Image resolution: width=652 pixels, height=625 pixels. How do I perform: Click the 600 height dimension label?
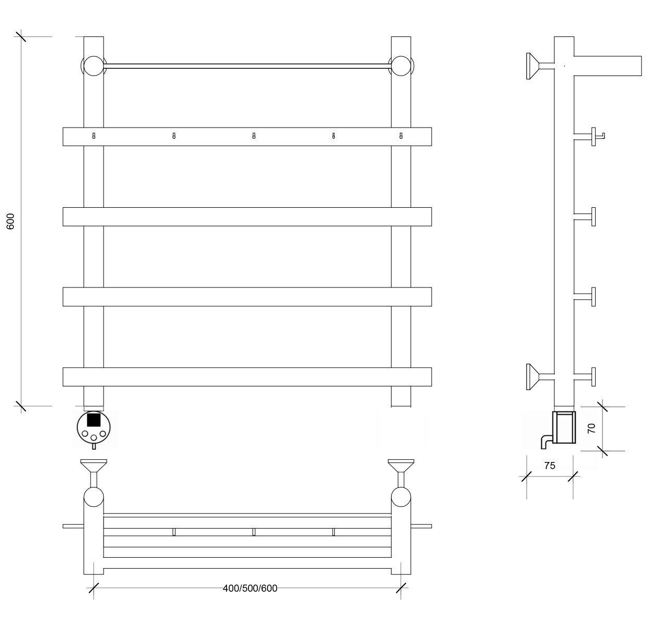tap(11, 221)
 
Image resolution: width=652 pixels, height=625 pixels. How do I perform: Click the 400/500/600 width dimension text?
tap(250, 588)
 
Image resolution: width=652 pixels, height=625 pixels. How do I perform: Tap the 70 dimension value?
tap(592, 428)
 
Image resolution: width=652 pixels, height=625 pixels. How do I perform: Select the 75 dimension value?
tap(549, 466)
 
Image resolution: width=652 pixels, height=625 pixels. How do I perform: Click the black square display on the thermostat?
tap(94, 420)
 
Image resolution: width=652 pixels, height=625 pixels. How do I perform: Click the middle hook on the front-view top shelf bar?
tap(254, 136)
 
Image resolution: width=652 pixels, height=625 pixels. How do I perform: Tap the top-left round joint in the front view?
tap(94, 66)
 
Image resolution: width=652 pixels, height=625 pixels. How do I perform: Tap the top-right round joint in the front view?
tap(400, 66)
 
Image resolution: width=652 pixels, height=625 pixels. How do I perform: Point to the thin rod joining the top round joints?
tap(247, 66)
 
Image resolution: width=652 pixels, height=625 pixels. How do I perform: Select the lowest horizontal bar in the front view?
tap(247, 377)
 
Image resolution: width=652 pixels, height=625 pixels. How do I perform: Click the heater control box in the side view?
tap(564, 427)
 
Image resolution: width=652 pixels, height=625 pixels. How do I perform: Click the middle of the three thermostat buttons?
tap(94, 438)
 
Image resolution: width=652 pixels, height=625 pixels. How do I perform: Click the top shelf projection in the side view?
tap(607, 66)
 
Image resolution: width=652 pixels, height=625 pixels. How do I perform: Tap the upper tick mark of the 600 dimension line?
tap(20, 36)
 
